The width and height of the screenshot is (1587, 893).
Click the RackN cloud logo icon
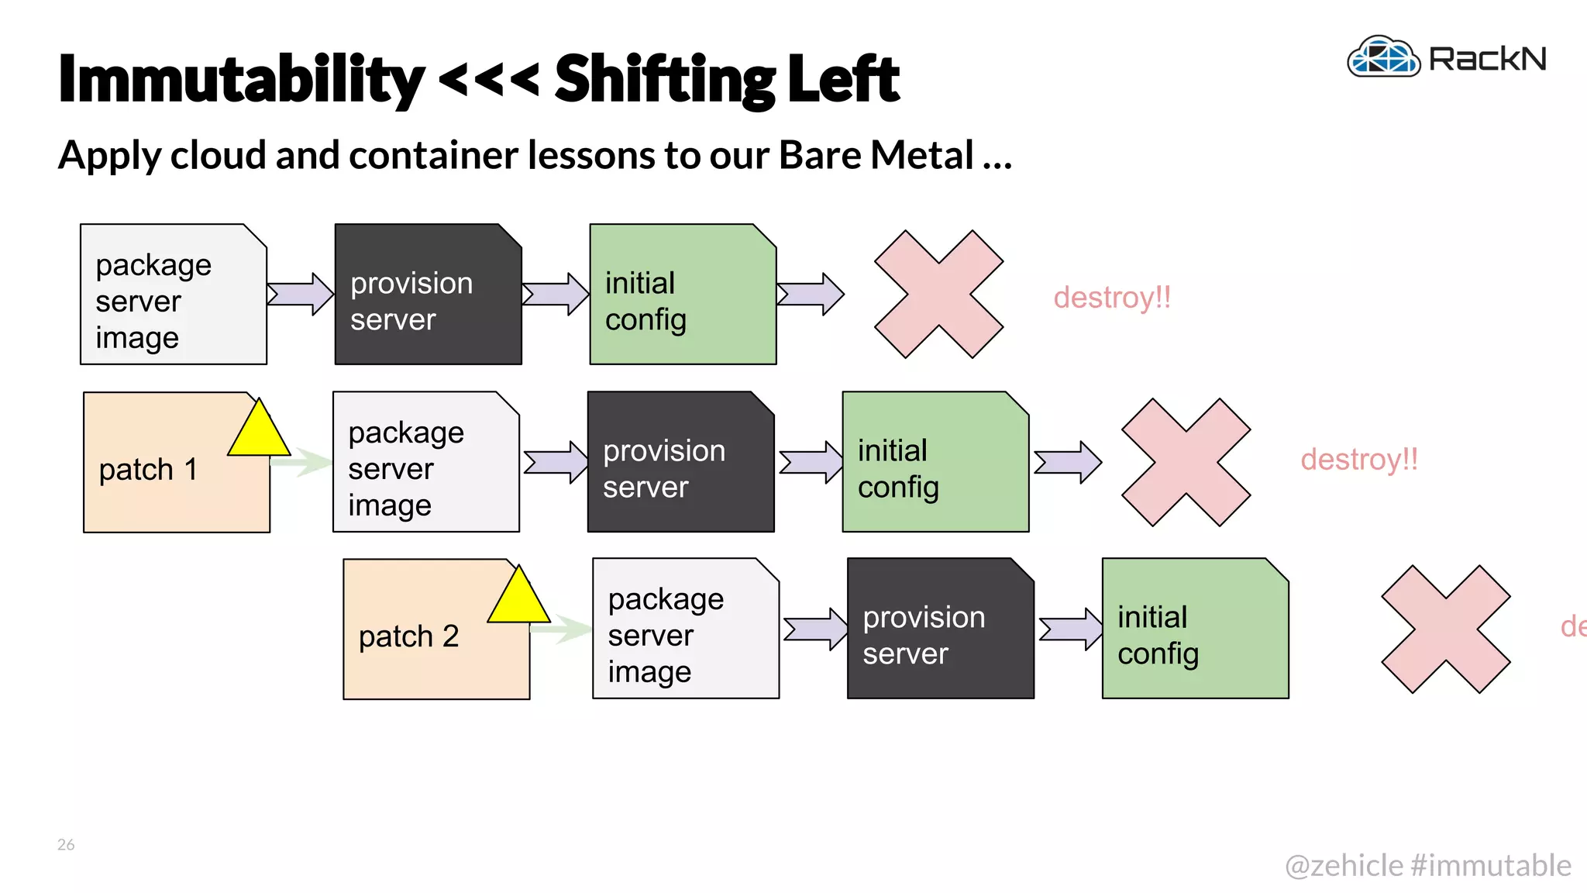[x=1384, y=57]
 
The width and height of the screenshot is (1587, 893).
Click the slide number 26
[x=66, y=844]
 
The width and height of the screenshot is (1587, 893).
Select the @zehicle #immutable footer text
[x=1427, y=865]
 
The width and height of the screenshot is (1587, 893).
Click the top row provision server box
[x=428, y=295]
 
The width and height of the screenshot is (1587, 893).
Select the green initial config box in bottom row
[x=1195, y=628]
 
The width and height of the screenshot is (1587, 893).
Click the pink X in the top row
[x=938, y=295]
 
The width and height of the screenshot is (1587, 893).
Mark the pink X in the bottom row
[x=1446, y=629]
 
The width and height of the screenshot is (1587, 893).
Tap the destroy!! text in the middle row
[x=1359, y=460]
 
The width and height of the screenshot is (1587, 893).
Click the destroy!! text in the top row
[x=1112, y=298]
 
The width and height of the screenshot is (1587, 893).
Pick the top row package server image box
[x=173, y=295]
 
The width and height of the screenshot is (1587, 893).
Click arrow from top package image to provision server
[x=301, y=294]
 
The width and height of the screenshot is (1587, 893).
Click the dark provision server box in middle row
[x=680, y=462]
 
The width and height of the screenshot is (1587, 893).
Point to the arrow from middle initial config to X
[x=1068, y=462]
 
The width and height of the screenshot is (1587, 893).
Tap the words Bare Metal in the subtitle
[x=876, y=155]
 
